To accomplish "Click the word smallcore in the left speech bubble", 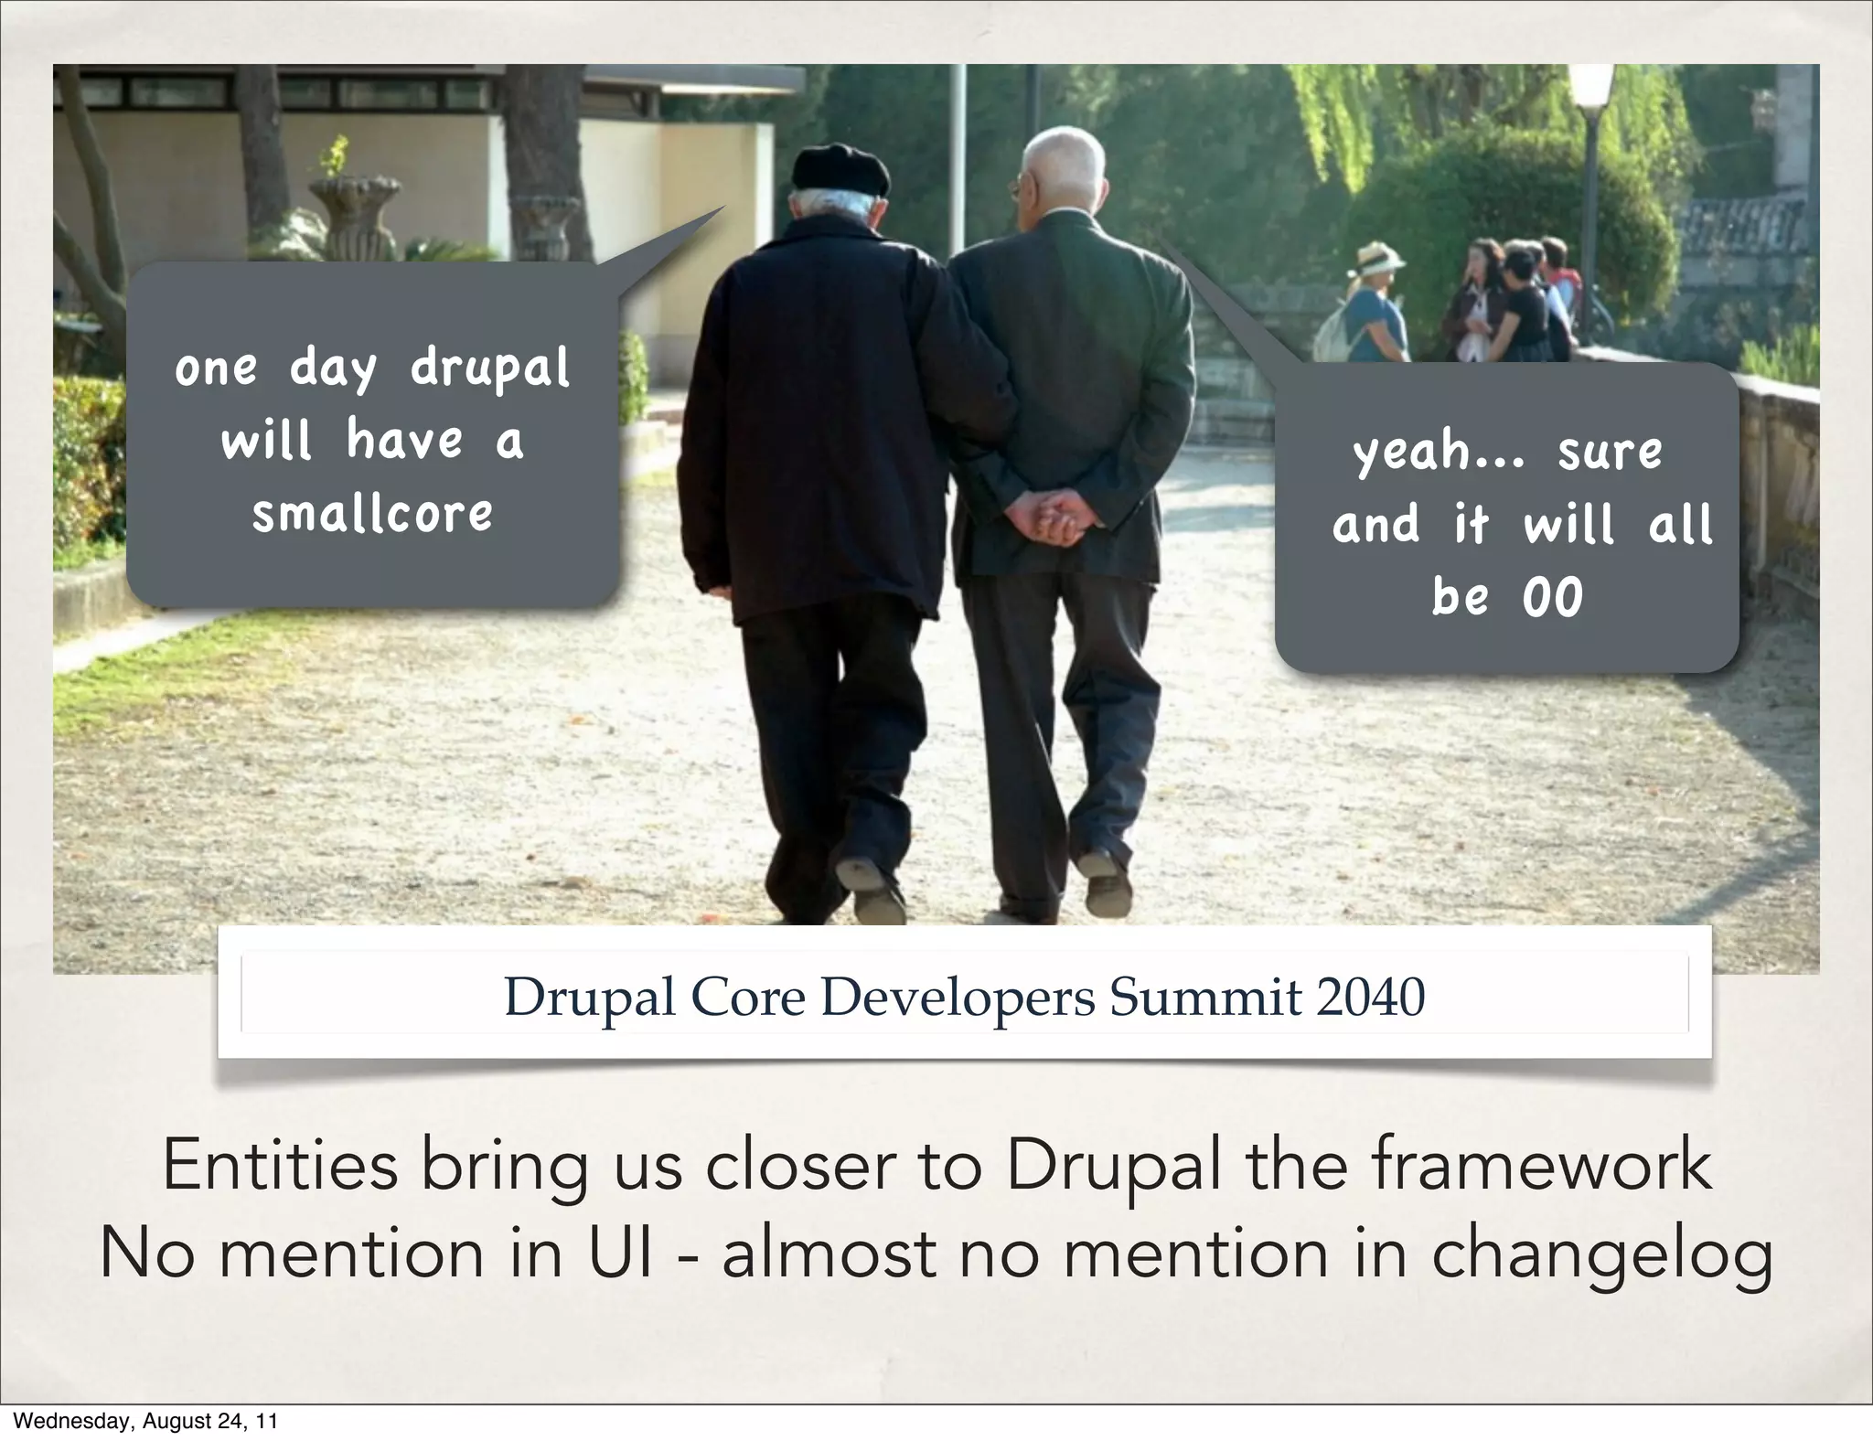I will point(372,514).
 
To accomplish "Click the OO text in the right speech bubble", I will point(1552,598).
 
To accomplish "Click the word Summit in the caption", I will point(1204,998).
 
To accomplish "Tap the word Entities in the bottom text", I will point(280,1166).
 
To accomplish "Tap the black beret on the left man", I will point(840,170).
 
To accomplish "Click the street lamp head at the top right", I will point(1591,87).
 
